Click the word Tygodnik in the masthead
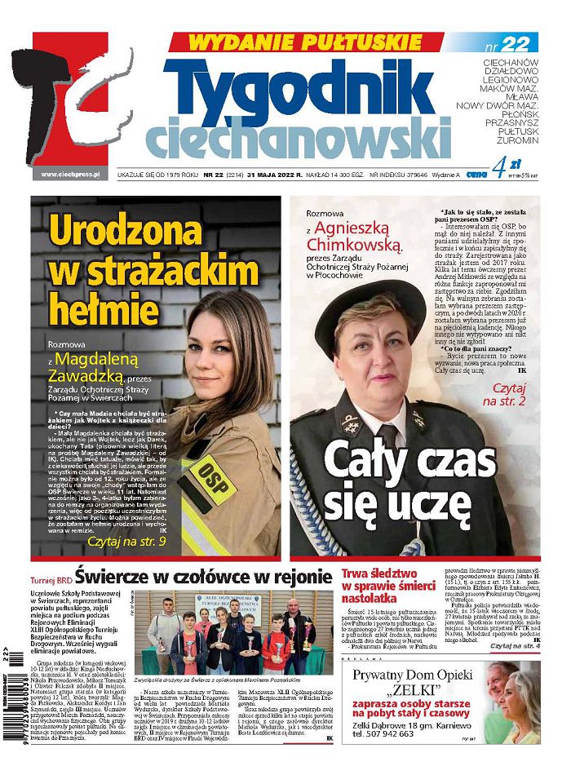(306, 88)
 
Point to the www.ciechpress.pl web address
(69, 175)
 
